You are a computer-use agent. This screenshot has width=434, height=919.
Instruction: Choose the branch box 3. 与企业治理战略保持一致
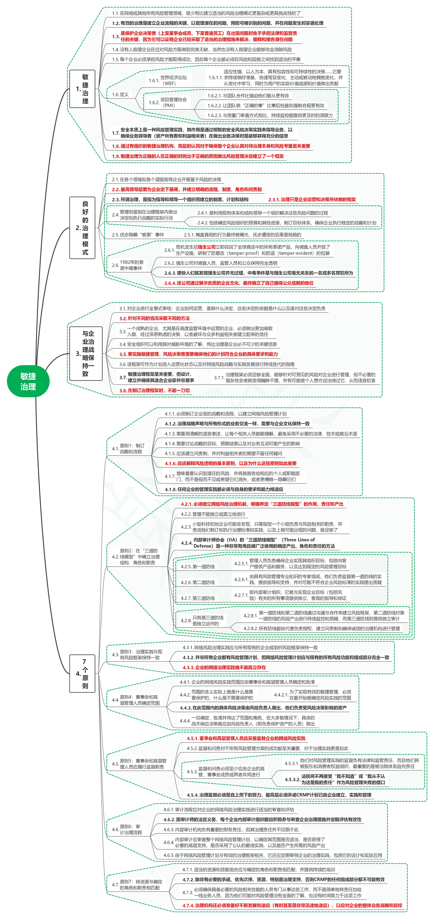coord(86,354)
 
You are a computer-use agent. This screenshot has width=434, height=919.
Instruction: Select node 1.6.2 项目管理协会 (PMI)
coord(168,102)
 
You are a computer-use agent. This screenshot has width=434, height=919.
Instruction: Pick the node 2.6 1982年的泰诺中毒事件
coord(128,265)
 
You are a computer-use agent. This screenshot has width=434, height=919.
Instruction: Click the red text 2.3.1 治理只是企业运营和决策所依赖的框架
coord(312,199)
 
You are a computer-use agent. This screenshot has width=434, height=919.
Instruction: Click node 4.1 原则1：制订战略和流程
coord(128,448)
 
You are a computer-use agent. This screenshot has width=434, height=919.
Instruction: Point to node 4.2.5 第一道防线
coord(198,566)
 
